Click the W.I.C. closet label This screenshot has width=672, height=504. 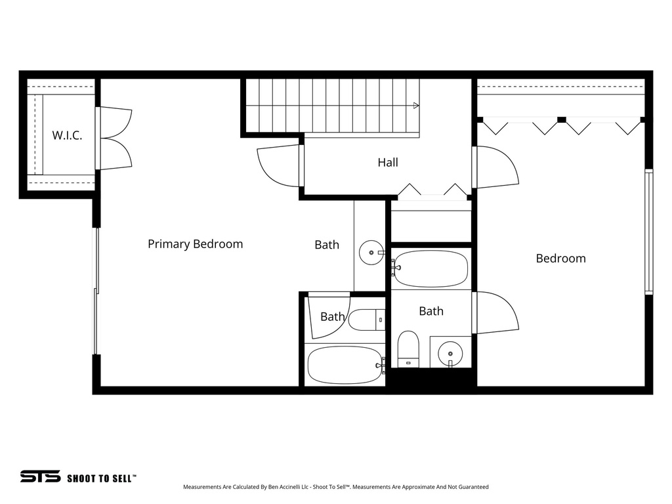point(68,136)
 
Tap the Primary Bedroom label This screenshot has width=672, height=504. point(195,244)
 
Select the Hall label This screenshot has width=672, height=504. point(388,162)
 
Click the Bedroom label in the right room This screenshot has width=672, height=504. point(560,259)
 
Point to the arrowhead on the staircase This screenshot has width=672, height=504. point(416,105)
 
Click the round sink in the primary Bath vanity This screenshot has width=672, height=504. point(371,251)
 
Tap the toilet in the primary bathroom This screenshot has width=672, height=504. point(366,320)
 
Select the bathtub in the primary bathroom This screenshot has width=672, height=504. point(345,365)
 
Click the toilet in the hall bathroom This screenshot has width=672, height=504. point(408,348)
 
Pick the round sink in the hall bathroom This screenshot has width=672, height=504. point(450,352)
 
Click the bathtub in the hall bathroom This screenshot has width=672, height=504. point(430,268)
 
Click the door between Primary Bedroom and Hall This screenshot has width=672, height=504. point(279,166)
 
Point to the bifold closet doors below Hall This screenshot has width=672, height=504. point(432,191)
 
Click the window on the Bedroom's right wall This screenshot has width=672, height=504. point(648,231)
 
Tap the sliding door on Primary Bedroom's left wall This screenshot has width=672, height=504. point(96,291)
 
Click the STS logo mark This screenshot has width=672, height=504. point(40,476)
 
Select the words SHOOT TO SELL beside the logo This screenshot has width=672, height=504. point(102,478)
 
